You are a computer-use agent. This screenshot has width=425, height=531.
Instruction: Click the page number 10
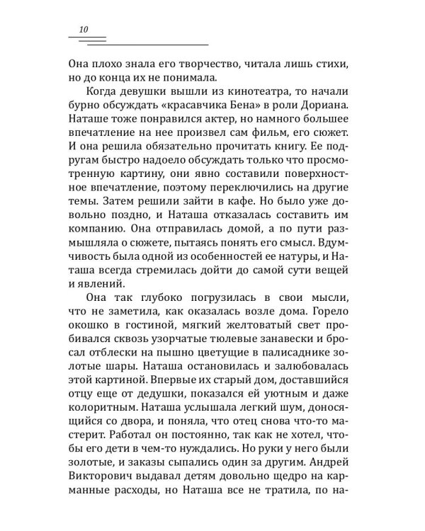tap(84, 29)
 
